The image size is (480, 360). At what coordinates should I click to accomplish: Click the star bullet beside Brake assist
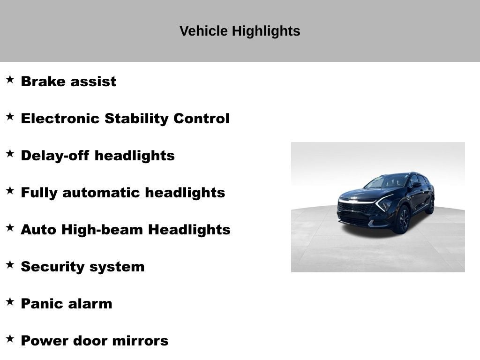click(x=10, y=79)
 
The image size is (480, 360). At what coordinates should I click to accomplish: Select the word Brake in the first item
click(x=43, y=81)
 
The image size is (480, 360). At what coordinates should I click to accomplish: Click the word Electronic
click(x=60, y=118)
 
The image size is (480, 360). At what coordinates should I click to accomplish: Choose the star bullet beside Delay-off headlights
click(x=10, y=153)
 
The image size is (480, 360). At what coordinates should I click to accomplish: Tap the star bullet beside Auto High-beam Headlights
click(x=10, y=227)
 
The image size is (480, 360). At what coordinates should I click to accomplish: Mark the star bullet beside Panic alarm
click(x=10, y=301)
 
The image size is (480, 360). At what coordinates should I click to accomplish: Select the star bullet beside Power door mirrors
click(x=10, y=338)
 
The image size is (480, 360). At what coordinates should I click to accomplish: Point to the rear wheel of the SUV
click(x=430, y=205)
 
